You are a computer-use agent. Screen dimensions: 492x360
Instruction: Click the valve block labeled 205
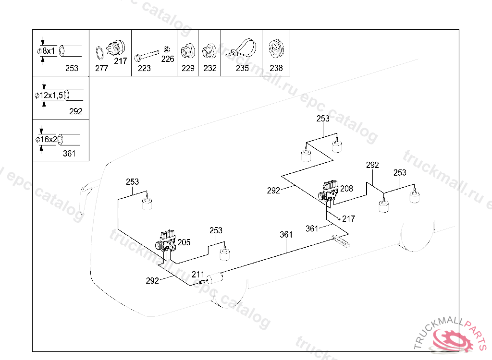[x=166, y=241]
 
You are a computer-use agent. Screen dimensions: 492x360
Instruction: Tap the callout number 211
[x=198, y=275]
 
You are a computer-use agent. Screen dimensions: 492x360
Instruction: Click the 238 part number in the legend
[x=276, y=68]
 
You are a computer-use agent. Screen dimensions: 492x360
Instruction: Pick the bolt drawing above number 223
[x=147, y=56]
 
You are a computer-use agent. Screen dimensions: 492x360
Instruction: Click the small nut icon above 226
[x=167, y=49]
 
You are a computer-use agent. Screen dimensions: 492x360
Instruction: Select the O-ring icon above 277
[x=99, y=53]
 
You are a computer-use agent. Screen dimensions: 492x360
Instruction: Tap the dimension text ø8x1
[x=46, y=51]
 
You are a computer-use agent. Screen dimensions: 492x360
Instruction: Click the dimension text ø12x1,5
[x=49, y=95]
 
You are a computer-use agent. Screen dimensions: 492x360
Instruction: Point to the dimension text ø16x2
[x=47, y=139]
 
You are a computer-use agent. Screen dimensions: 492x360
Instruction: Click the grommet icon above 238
[x=276, y=49]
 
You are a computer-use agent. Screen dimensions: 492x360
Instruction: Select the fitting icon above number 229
[x=188, y=51]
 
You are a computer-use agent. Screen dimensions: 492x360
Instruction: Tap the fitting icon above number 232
[x=209, y=51]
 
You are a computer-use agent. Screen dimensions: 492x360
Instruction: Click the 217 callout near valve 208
[x=349, y=218]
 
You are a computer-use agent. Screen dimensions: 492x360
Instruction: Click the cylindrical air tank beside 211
[x=214, y=277]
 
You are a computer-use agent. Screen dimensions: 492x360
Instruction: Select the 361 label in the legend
[x=69, y=153]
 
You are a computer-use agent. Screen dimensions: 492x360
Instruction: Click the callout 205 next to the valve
[x=184, y=242]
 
